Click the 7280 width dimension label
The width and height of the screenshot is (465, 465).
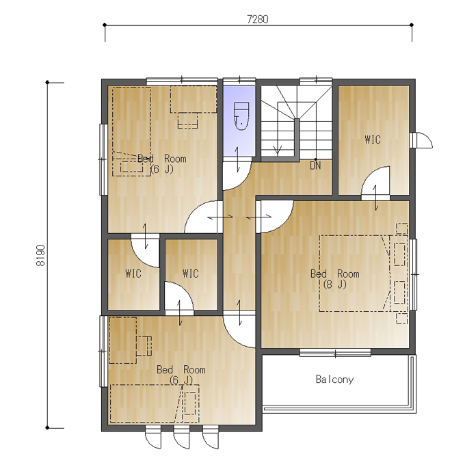257,19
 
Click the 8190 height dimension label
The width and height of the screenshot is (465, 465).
40,255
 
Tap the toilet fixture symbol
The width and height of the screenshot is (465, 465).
241,116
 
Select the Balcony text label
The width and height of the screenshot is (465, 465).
334,380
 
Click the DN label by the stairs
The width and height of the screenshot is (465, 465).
315,165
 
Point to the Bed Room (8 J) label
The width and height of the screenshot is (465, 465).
335,279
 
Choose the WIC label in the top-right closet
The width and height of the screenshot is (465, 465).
373,139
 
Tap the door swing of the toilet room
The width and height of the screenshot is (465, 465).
237,176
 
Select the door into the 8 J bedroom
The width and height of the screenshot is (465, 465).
275,217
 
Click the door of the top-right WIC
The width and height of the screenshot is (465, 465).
375,183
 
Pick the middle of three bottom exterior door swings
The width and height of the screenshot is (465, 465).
181,438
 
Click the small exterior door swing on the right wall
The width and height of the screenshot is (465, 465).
422,139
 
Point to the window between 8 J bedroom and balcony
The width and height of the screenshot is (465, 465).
335,353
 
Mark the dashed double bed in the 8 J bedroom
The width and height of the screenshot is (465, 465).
355,274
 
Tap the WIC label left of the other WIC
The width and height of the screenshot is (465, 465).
133,274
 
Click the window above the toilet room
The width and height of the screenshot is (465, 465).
239,81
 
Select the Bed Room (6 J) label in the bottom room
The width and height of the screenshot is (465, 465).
181,375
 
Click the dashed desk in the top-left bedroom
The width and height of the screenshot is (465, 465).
194,99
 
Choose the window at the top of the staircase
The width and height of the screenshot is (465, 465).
315,81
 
